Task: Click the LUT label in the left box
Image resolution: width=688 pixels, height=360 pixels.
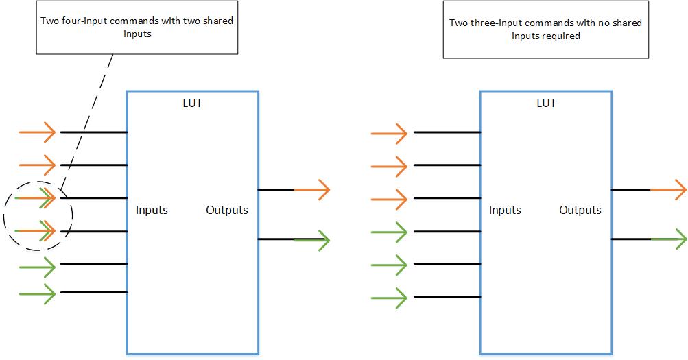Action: pos(192,103)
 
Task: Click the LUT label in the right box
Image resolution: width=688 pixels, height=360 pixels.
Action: pos(546,103)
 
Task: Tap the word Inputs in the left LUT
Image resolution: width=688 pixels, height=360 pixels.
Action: pos(152,210)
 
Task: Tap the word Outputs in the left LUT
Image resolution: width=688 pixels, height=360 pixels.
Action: pos(227,210)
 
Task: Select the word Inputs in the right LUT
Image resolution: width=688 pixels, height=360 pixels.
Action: pos(505,210)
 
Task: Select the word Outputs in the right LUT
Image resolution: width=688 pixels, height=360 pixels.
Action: pos(580,210)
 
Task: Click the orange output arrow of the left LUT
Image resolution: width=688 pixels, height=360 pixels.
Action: pos(311,190)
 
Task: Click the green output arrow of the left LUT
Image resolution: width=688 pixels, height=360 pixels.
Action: pos(311,240)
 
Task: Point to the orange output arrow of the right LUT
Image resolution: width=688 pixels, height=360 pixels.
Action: pos(668,190)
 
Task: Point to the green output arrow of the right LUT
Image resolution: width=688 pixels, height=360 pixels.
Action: pos(668,239)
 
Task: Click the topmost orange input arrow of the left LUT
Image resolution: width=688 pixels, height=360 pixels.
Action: pos(37,132)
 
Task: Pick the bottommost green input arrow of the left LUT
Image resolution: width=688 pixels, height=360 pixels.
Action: pos(37,293)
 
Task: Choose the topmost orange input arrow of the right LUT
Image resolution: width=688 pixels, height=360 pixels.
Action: pos(389,133)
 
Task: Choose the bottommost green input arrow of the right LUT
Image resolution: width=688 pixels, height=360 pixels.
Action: pos(389,298)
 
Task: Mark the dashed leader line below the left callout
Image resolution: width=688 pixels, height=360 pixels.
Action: pos(86,122)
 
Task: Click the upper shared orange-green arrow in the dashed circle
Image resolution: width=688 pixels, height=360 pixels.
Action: pos(35,197)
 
